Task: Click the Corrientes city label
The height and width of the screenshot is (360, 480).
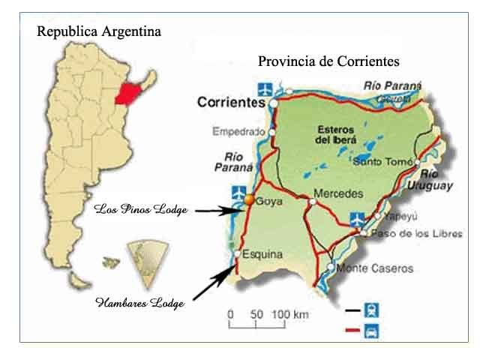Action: (232, 102)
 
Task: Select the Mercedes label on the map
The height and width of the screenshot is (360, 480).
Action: (338, 193)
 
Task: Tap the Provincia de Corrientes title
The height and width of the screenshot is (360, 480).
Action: (328, 61)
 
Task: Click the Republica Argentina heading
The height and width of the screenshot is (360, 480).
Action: (99, 31)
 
